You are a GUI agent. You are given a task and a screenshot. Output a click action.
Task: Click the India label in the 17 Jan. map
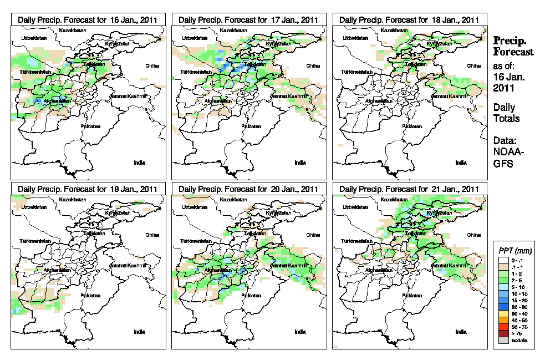coord(300,163)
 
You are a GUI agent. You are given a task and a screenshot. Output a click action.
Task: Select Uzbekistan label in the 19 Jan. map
coord(32,207)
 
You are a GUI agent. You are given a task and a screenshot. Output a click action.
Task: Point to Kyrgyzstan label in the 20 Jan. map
coord(278,212)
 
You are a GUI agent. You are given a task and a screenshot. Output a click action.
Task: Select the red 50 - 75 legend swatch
coord(503,327)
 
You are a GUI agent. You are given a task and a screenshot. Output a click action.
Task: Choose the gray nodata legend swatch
coord(503,340)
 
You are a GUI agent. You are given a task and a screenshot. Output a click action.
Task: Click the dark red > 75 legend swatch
coord(503,333)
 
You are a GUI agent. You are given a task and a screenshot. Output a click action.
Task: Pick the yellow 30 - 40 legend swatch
coord(503,314)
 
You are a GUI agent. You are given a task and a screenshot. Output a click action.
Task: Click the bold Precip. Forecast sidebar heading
coord(513,47)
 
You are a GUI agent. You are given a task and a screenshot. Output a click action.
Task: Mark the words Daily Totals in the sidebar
coord(505,113)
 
